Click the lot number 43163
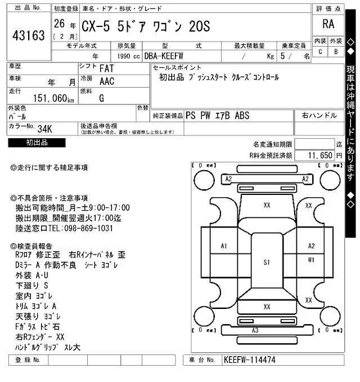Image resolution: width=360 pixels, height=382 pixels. click(28, 36)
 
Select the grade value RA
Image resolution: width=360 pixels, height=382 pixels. click(328, 24)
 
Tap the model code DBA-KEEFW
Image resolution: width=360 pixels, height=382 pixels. click(164, 56)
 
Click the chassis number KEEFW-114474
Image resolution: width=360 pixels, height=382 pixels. click(249, 359)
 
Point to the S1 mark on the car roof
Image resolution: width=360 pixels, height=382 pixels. click(267, 262)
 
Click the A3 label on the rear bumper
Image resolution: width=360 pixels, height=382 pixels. click(255, 330)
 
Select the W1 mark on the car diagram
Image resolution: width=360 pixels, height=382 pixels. click(311, 260)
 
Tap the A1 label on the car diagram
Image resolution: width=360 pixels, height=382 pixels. click(223, 246)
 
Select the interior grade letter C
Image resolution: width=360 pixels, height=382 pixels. click(321, 52)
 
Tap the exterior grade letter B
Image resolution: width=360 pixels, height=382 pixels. click(336, 52)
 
